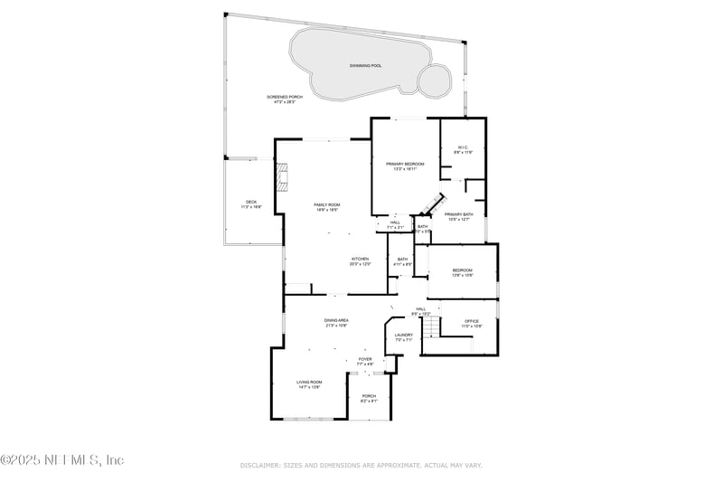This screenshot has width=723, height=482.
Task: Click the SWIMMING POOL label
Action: (x=366, y=66)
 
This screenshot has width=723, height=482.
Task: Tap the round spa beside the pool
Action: (x=435, y=80)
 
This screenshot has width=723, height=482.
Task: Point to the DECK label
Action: (x=251, y=202)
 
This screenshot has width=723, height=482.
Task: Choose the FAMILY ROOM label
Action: (x=326, y=204)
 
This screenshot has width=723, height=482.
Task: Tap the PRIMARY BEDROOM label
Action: (x=405, y=164)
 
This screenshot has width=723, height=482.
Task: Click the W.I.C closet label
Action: (x=463, y=147)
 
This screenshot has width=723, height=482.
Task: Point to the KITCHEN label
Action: (x=360, y=259)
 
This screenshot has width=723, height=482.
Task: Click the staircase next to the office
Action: (x=434, y=323)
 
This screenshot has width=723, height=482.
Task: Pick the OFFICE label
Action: (x=472, y=320)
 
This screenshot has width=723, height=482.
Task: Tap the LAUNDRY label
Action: (x=403, y=335)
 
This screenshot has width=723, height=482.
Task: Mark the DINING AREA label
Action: (x=336, y=320)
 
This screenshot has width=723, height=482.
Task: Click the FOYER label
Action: (x=365, y=359)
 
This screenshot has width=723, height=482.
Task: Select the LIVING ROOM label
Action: (x=309, y=382)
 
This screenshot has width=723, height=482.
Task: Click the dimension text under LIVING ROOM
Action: (x=309, y=387)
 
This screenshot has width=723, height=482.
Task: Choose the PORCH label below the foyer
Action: (x=369, y=396)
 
